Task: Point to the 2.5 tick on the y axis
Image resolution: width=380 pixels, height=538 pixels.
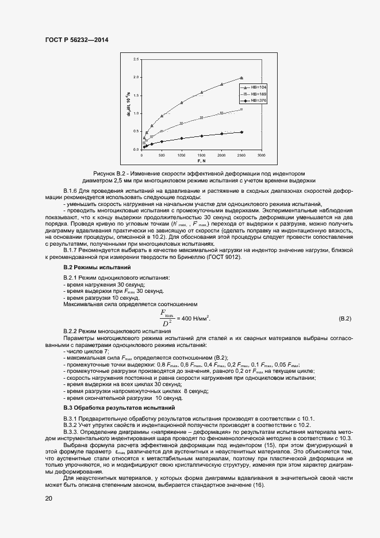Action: point(136,59)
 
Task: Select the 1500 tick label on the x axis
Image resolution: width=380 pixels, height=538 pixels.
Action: point(201,155)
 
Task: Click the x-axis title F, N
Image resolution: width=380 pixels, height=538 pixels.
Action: point(201,161)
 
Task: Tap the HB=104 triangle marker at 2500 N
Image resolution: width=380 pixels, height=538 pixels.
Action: point(241,78)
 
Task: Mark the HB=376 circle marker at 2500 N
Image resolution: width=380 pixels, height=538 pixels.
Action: point(241,132)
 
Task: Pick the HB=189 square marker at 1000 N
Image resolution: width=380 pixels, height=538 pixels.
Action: point(182,123)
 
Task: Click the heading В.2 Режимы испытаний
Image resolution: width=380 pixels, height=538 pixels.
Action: point(97,268)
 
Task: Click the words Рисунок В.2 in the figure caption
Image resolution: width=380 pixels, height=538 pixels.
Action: point(109,173)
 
